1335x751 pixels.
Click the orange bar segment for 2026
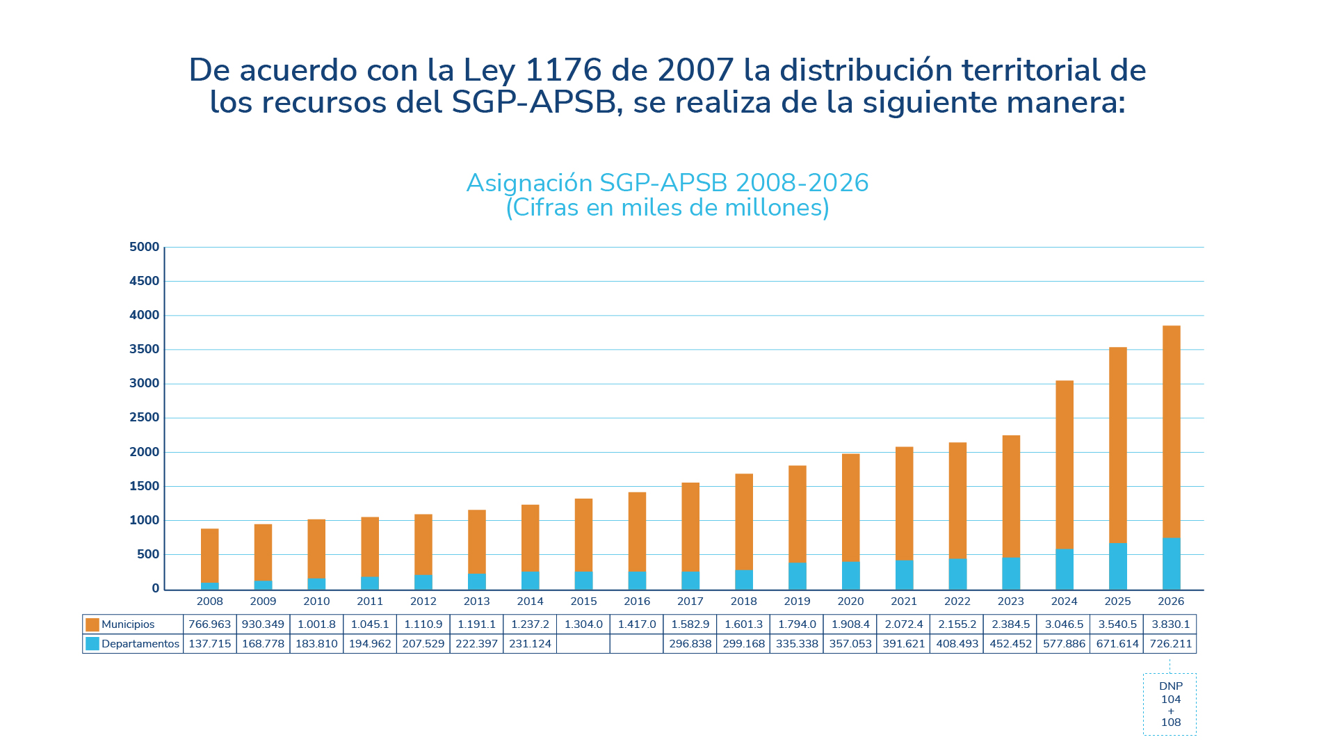tap(1171, 431)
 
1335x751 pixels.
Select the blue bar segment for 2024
tap(1064, 569)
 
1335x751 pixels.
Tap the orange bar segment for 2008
tap(209, 555)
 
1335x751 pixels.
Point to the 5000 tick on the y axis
tap(145, 247)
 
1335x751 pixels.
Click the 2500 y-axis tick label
tap(145, 417)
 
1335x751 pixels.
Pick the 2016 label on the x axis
tap(637, 601)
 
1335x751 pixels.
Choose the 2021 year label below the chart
tap(904, 601)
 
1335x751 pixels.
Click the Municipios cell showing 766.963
tap(209, 624)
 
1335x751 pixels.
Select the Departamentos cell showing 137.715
tap(209, 644)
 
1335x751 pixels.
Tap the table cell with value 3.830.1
tap(1170, 624)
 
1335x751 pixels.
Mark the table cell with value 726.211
tap(1170, 644)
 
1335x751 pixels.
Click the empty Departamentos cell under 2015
tap(583, 644)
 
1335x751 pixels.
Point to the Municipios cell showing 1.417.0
tap(637, 624)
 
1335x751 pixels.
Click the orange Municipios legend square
tap(92, 624)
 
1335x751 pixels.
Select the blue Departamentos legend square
tap(92, 644)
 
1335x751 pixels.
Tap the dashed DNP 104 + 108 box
tap(1170, 704)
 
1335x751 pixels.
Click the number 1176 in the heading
tap(563, 70)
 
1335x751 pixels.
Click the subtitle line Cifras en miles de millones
tap(667, 208)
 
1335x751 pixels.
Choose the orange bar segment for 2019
tap(797, 515)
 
